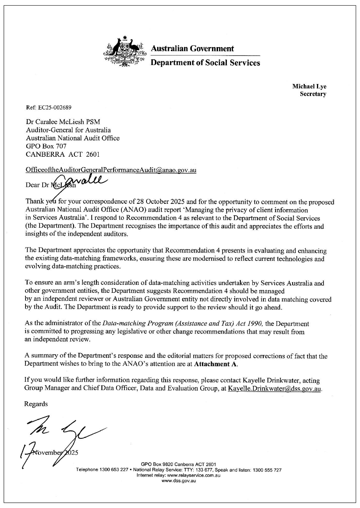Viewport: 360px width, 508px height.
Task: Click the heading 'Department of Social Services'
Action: click(205, 63)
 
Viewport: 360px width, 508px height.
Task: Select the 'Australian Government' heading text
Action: click(192, 49)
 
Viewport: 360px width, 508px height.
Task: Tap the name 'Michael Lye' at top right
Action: click(309, 87)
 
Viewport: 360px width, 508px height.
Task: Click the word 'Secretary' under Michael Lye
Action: click(313, 94)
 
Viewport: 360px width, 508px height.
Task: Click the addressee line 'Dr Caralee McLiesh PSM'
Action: click(63, 122)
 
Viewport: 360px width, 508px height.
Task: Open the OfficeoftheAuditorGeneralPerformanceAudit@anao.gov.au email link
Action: click(111, 170)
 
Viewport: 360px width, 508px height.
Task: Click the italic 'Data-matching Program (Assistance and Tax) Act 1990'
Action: click(183, 324)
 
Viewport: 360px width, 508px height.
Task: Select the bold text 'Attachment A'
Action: click(215, 364)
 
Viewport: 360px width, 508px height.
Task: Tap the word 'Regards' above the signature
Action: click(36, 404)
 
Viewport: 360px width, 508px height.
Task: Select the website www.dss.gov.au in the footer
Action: click(178, 481)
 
